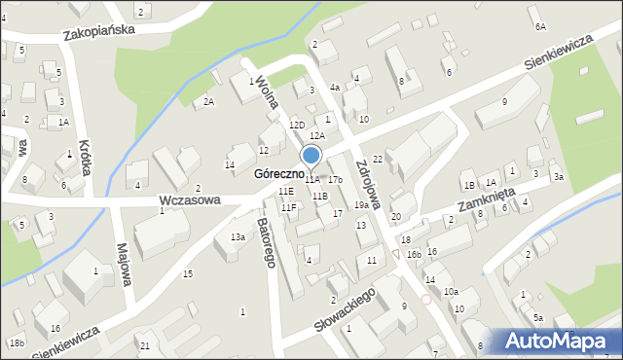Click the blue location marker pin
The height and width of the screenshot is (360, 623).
point(311,157)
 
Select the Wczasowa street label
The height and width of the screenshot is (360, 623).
point(189,199)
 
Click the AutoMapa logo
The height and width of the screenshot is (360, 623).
point(559,341)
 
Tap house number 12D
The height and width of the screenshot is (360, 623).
point(297,126)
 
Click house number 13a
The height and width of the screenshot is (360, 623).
point(238,236)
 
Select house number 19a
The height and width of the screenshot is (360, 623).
point(361,205)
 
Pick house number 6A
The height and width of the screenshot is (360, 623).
point(540,26)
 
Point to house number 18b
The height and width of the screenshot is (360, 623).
point(17,342)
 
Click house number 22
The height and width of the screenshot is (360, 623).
point(377,159)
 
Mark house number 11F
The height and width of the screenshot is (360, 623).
point(289,207)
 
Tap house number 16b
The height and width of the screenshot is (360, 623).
point(414,254)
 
